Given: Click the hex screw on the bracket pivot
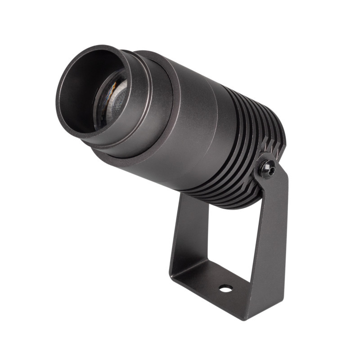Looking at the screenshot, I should click(269, 168).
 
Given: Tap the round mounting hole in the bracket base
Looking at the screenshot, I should click(225, 288).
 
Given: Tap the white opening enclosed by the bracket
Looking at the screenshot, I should click(225, 238).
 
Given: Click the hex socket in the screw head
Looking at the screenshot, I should click(269, 169).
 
